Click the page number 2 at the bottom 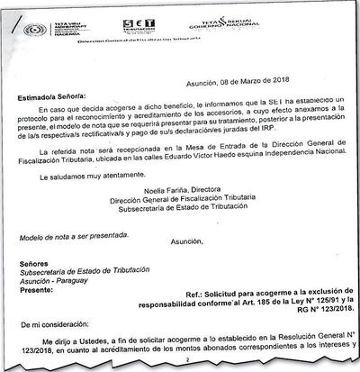[179, 368]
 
